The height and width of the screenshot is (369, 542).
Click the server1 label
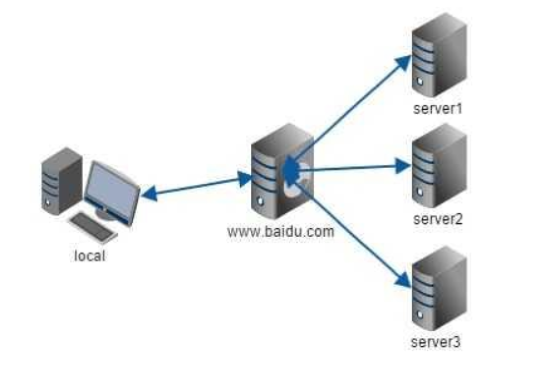click(x=438, y=107)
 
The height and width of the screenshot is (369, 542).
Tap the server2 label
click(x=438, y=219)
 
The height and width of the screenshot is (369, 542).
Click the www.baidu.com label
click(x=281, y=231)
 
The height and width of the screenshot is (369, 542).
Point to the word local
click(x=90, y=255)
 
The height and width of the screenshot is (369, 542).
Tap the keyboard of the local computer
click(x=93, y=227)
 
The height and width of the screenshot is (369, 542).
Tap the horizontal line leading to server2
click(x=354, y=168)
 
